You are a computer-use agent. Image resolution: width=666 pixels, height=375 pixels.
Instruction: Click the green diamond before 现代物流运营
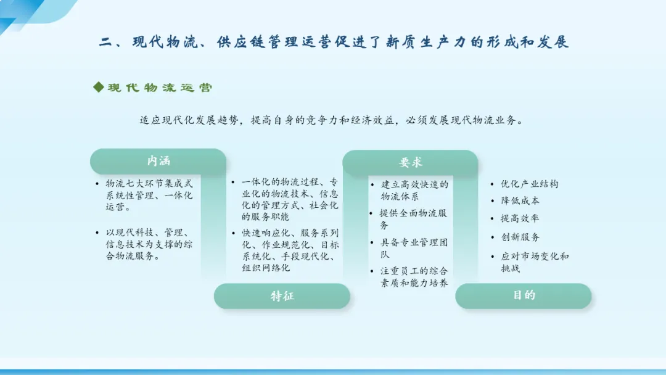tap(99, 87)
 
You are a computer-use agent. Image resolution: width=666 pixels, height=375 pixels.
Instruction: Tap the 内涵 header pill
tap(158, 161)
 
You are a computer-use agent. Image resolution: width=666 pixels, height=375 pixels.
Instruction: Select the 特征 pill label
tap(282, 296)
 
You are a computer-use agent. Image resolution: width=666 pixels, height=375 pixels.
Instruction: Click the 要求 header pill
tap(410, 162)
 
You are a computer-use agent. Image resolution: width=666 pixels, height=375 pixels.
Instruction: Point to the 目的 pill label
tap(524, 295)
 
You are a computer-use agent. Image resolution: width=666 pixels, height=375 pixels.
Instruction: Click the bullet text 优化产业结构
tap(529, 184)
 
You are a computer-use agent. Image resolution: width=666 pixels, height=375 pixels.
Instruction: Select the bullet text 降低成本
tap(520, 200)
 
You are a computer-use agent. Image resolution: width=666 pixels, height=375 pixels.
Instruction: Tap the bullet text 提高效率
tap(520, 218)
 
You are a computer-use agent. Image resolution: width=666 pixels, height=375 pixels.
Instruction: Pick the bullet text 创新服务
tap(520, 237)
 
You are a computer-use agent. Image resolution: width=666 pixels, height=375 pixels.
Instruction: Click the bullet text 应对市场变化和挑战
tap(535, 262)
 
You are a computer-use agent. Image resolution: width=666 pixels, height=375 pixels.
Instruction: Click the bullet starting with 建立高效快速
tap(414, 190)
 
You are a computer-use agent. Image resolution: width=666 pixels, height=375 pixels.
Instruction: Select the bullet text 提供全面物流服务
tap(413, 219)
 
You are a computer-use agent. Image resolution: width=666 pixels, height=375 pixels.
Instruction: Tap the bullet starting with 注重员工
tap(414, 277)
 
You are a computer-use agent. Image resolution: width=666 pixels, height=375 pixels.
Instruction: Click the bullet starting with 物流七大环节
tap(149, 195)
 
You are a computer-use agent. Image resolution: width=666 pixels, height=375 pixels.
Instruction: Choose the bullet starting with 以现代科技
tap(149, 244)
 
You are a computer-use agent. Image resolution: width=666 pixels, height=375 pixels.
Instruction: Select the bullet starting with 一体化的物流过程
tap(290, 199)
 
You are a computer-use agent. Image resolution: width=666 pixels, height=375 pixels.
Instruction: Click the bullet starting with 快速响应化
tap(290, 250)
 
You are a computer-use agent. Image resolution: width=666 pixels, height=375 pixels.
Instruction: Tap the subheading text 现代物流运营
tap(160, 88)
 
